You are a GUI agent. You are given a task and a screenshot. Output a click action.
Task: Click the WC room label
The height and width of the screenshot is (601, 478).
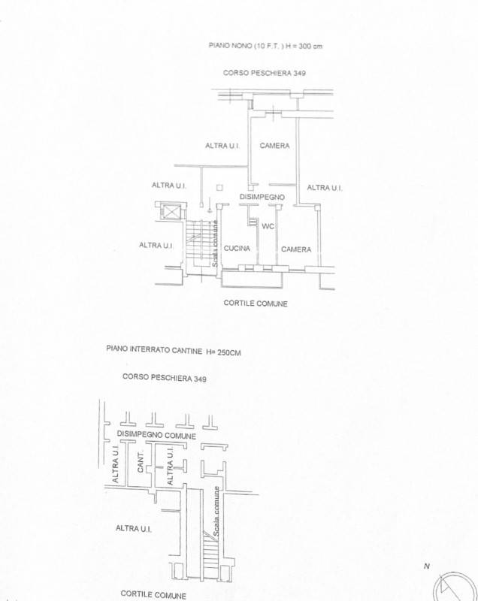tap(268, 226)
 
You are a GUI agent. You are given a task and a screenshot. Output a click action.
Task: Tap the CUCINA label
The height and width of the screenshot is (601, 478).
tap(237, 249)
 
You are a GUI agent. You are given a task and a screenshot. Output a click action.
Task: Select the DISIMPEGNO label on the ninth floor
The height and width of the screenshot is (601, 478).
tap(262, 197)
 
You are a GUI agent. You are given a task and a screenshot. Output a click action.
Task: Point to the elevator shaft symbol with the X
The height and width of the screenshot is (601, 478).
tap(171, 212)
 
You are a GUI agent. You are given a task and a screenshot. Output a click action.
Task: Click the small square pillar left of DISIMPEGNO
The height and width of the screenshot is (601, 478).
tap(219, 187)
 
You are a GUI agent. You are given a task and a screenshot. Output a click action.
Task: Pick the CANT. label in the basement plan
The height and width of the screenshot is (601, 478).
tap(141, 462)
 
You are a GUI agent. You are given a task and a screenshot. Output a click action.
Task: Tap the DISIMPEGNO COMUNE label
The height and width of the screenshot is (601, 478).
tap(156, 435)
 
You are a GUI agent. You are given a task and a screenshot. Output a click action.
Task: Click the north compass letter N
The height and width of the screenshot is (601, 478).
tap(427, 566)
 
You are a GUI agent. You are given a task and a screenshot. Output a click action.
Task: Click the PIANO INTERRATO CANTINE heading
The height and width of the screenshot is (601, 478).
tap(154, 349)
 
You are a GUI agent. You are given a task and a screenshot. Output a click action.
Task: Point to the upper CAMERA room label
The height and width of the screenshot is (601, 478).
tap(274, 146)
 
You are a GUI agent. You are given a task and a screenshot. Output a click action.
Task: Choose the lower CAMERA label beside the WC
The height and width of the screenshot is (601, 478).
tap(296, 249)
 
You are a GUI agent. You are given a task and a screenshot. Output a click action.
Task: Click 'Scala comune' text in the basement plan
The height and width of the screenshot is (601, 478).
tap(216, 512)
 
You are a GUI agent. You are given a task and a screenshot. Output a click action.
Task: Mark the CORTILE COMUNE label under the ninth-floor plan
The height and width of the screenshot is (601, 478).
tap(256, 304)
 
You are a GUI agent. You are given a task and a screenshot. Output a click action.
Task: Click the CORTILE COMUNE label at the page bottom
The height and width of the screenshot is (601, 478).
tap(153, 595)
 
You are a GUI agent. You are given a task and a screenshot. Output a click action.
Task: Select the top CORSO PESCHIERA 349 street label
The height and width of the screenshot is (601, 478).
tap(265, 73)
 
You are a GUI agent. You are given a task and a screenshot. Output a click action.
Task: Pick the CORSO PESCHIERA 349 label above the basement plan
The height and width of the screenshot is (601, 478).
tap(165, 378)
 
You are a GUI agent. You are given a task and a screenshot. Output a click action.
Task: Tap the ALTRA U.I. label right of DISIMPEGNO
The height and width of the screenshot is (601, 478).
tap(325, 187)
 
